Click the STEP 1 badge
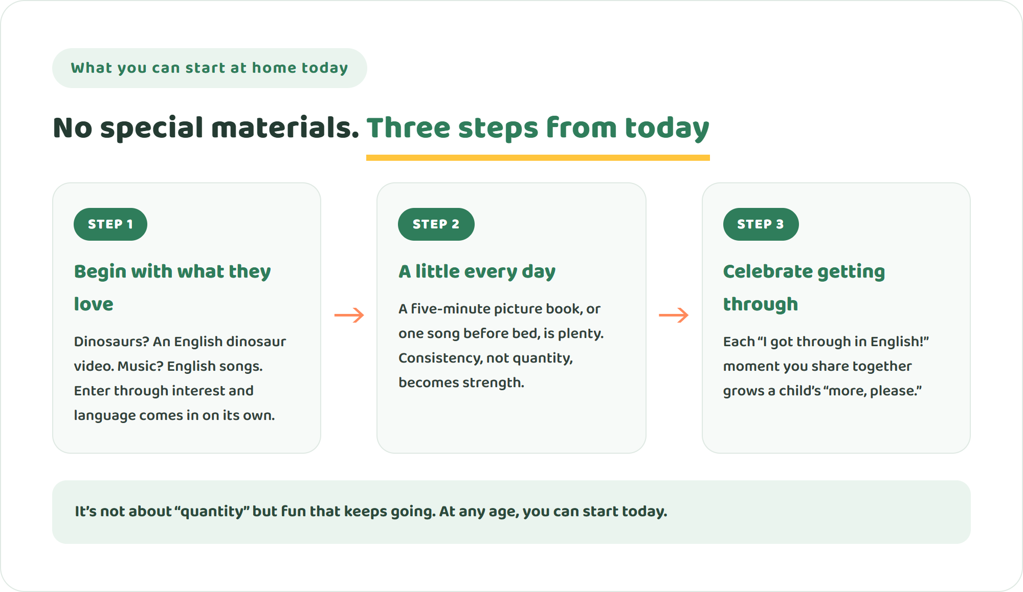[x=110, y=224]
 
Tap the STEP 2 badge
[x=436, y=224]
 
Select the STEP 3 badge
[x=761, y=224]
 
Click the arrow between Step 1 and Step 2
[x=349, y=315]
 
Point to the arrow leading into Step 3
[x=674, y=315]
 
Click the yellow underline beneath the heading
[x=538, y=158]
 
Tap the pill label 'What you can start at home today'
[x=210, y=68]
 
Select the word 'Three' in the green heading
[x=408, y=128]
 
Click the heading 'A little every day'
[x=477, y=271]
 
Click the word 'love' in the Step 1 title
[x=94, y=304]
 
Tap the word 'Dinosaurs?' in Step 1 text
[x=112, y=342]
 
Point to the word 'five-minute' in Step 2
[x=451, y=309]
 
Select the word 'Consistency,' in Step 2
[x=440, y=358]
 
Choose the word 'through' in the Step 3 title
[x=761, y=304]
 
